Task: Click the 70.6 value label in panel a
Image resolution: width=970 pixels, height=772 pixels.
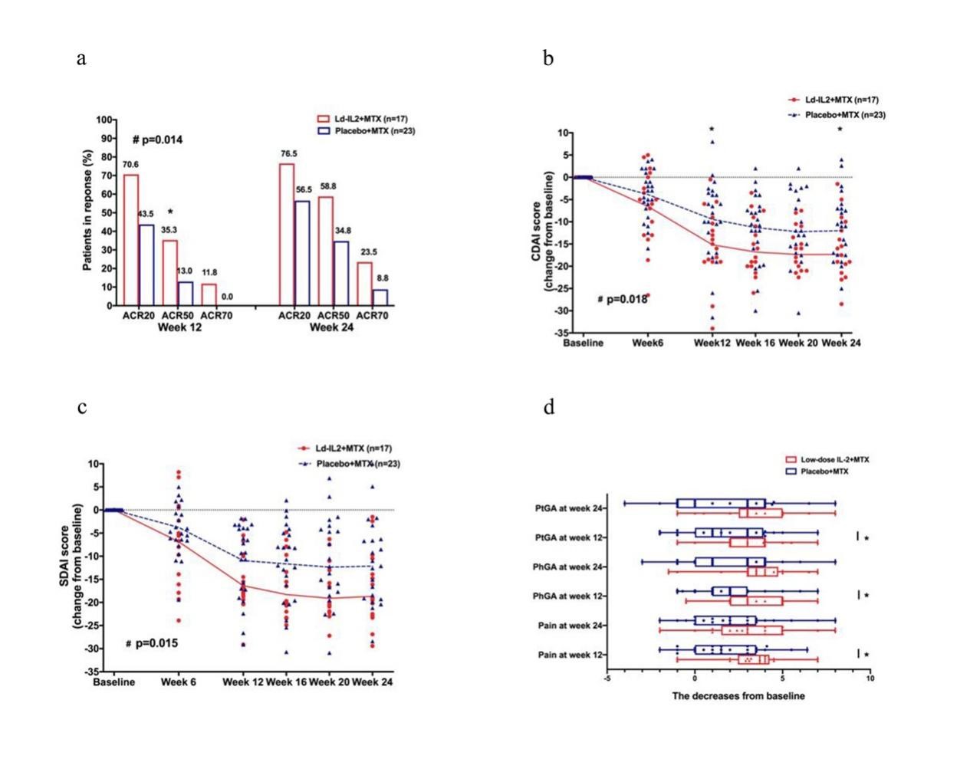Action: click(130, 165)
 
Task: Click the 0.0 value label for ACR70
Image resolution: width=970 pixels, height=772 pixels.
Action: click(227, 297)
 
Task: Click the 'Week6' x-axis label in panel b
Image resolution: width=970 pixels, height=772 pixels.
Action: click(647, 343)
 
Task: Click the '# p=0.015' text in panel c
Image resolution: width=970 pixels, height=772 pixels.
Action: click(152, 642)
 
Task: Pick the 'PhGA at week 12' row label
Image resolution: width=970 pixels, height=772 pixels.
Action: click(567, 596)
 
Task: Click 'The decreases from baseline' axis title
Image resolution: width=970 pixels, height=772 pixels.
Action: click(738, 696)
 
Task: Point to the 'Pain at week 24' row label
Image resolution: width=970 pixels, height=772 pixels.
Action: click(568, 626)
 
